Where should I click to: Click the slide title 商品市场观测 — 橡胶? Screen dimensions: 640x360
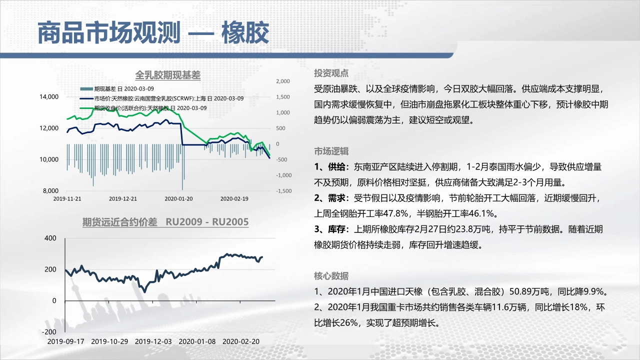(x=153, y=33)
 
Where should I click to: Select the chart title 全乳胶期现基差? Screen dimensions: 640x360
(x=167, y=75)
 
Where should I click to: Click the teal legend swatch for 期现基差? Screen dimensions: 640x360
(x=86, y=89)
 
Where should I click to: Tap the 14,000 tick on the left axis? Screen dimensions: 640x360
(x=49, y=97)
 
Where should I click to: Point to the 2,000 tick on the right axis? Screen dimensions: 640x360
(x=283, y=81)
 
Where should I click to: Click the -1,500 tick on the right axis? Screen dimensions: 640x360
(x=283, y=191)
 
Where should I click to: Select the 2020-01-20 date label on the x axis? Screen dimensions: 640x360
(x=178, y=198)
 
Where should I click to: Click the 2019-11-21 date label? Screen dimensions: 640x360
(x=67, y=198)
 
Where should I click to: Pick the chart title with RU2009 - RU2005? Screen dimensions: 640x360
(x=165, y=222)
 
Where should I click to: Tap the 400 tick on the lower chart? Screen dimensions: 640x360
(x=50, y=238)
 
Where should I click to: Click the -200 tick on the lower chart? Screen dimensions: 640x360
(x=49, y=331)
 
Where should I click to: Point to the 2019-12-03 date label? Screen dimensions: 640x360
(x=153, y=341)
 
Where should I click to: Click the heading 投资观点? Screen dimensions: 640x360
(x=331, y=73)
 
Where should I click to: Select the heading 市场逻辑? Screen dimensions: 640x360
(x=331, y=151)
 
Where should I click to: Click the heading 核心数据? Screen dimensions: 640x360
(x=331, y=276)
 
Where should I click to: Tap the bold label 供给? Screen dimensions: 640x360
(x=336, y=167)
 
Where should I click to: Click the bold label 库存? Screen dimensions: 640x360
(x=336, y=229)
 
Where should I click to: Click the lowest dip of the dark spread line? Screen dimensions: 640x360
(x=144, y=291)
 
